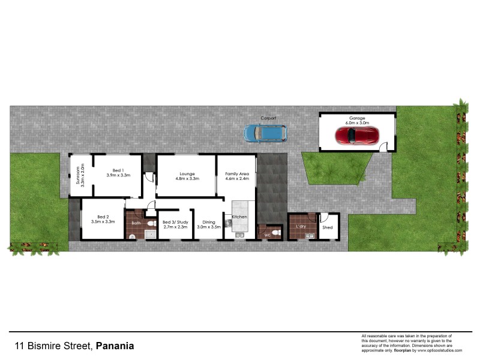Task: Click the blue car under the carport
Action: coord(265,133)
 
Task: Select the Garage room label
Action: coord(357,118)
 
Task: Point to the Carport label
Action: coord(268,118)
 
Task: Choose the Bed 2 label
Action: coord(103,217)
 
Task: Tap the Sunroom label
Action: coord(76,173)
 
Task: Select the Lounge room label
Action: coord(187,173)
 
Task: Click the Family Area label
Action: coord(236,173)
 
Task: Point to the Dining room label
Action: coord(209,222)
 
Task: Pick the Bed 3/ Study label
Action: coord(175,222)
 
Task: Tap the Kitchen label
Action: coord(239,216)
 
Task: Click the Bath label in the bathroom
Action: coord(136,223)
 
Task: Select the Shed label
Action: coord(328,228)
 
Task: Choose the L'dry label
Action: coord(301,226)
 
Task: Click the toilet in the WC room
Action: coord(274,232)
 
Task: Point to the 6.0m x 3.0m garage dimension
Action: coord(357,123)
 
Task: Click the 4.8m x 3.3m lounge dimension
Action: coord(187,178)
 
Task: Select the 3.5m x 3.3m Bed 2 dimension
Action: coord(103,222)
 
